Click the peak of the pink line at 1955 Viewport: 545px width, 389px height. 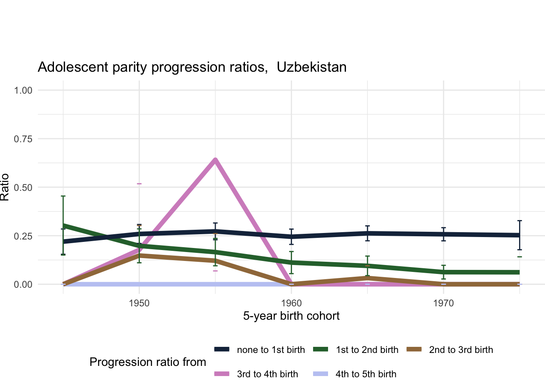[215, 160]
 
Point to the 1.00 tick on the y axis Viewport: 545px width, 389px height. [23, 90]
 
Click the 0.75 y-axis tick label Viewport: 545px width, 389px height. [23, 139]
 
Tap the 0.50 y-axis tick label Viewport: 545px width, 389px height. [23, 187]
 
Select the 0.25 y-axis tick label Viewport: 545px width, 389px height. [23, 236]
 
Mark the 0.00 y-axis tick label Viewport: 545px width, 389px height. [23, 284]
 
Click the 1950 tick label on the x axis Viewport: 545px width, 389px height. [139, 303]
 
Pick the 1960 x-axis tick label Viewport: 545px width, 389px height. [291, 303]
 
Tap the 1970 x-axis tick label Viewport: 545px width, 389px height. [443, 303]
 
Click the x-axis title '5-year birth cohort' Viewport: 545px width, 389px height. [291, 316]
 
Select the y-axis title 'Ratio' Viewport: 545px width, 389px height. [5, 187]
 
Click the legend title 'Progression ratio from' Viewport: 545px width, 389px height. [148, 362]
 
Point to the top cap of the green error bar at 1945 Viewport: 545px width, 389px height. [63, 196]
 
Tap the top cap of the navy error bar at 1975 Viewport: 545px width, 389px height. [519, 221]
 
